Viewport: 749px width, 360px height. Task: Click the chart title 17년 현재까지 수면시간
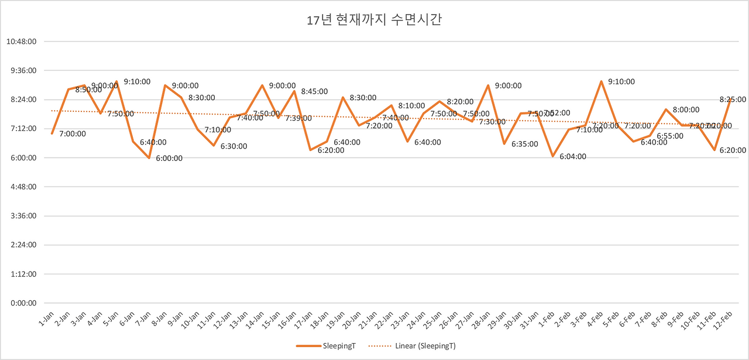374,20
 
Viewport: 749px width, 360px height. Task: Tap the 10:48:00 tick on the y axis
21,42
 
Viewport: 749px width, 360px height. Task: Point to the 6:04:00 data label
573,157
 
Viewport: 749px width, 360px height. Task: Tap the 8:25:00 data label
733,100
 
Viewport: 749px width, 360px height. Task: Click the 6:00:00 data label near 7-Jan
169,158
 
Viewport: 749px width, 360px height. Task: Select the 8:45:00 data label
314,91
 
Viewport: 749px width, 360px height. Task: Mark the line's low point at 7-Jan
149,158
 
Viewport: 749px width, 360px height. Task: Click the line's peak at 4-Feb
601,81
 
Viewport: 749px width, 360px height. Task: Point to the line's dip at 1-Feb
552,156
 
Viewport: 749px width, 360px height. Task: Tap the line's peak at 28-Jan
488,85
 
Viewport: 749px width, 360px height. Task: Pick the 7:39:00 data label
298,118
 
